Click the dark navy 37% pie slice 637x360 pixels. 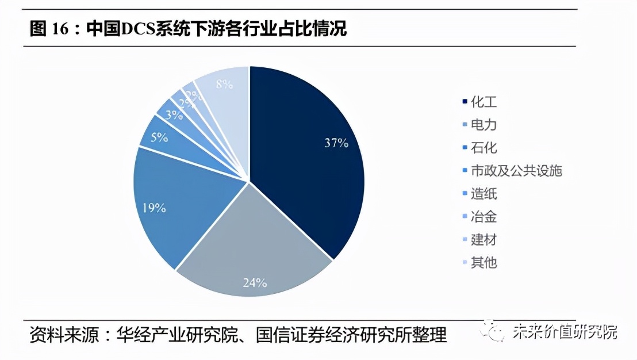click(x=310, y=155)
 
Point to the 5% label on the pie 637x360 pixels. click(x=159, y=137)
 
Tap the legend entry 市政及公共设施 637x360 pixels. click(x=515, y=171)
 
